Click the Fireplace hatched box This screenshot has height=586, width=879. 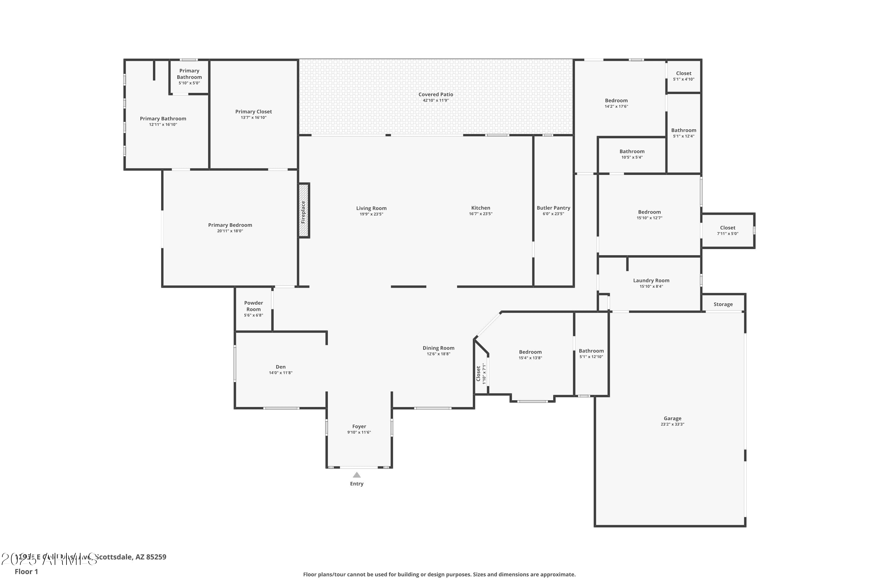pos(304,210)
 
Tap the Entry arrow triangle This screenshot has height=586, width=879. pos(357,475)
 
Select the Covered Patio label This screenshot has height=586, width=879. pos(435,95)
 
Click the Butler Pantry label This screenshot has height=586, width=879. pos(553,208)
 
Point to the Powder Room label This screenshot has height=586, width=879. pos(253,306)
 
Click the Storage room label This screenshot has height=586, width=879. pos(723,304)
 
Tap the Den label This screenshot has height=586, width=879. pos(280,367)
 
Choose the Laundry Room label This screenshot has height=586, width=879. pos(651,280)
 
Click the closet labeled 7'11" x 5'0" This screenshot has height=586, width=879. pos(727,230)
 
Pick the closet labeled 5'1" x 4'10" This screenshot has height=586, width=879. pos(684,76)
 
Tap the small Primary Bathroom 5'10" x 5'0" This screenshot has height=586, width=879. pos(189,76)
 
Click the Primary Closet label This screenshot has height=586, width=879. pos(253,111)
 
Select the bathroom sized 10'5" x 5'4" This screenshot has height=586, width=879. pos(632,154)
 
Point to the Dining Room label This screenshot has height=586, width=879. pos(438,348)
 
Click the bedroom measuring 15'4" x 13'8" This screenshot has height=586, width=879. pos(530,355)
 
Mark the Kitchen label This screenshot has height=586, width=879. pos(480,208)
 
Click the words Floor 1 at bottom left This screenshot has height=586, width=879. pos(26,571)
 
